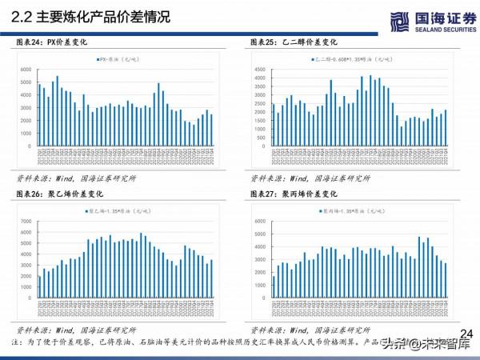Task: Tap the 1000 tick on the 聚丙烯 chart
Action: [261, 286]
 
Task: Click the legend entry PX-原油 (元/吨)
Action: [118, 60]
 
